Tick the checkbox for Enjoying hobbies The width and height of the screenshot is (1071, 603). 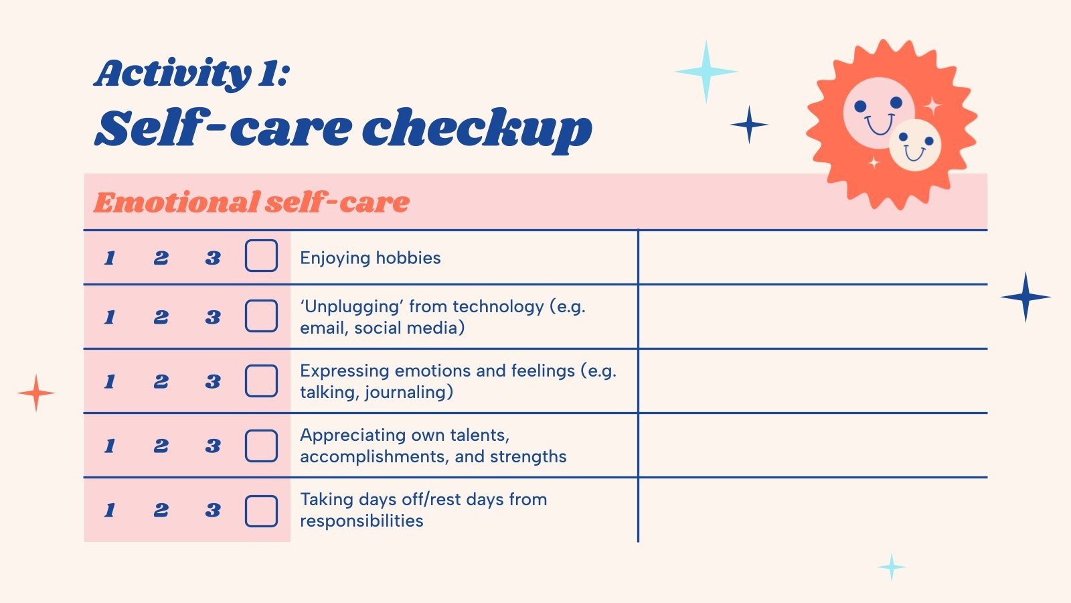[261, 256]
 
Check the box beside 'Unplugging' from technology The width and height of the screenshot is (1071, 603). [261, 316]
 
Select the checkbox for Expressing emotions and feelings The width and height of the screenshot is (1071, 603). [261, 381]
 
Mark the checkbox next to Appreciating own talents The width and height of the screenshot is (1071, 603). [261, 446]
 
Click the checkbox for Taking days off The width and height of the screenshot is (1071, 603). [261, 511]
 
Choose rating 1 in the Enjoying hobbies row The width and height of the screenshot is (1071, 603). [110, 258]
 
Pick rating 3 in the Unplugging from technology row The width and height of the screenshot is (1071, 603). [213, 317]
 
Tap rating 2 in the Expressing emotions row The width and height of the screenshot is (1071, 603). [161, 381]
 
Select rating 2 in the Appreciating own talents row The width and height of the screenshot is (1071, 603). [161, 446]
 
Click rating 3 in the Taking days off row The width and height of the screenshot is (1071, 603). [213, 511]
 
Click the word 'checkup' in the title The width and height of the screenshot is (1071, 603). [477, 129]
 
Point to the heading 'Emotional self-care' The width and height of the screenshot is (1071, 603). [251, 202]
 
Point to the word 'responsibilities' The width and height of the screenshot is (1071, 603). [361, 521]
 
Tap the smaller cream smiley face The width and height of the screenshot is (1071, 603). [915, 145]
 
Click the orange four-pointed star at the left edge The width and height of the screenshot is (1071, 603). [36, 393]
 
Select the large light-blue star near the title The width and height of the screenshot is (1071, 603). [706, 72]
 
